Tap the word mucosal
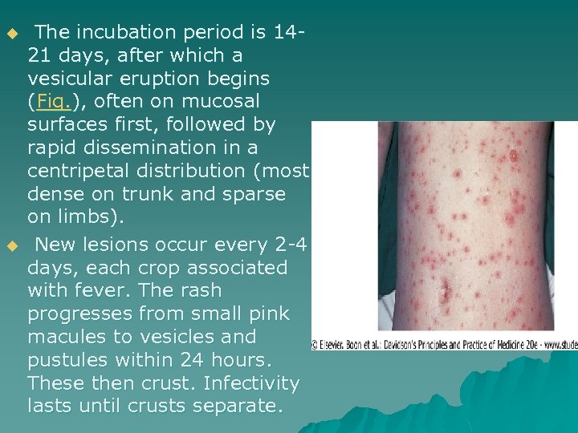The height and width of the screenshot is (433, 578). pos(222,102)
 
